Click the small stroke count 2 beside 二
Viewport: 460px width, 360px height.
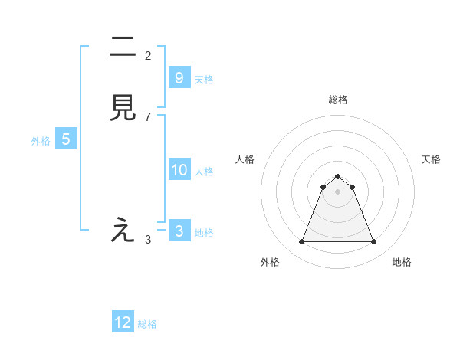[148, 55]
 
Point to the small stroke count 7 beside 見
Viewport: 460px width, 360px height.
[148, 116]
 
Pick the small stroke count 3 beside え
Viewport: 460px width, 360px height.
[148, 239]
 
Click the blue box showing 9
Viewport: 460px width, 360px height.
[179, 78]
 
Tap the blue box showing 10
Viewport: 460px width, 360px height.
[179, 170]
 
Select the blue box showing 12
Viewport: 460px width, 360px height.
[123, 322]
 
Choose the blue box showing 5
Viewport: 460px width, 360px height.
[66, 139]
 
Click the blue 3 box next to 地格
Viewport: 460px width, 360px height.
[179, 231]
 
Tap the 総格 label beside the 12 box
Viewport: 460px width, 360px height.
[147, 324]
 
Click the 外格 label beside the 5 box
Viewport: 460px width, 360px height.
[41, 141]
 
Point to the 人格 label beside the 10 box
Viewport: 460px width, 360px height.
[205, 172]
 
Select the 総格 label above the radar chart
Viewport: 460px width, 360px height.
[337, 100]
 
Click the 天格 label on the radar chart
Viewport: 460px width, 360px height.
[431, 159]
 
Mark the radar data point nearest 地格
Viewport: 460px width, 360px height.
[373, 242]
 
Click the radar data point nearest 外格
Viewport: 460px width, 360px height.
[301, 242]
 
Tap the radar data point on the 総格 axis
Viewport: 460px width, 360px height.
[337, 176]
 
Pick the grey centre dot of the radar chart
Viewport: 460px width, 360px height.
[337, 191]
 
